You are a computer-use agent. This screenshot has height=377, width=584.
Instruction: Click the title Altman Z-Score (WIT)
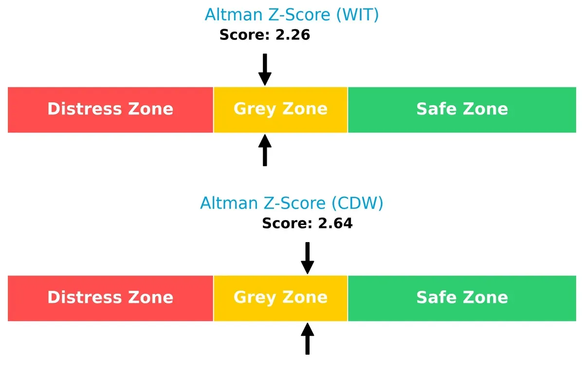tap(292, 15)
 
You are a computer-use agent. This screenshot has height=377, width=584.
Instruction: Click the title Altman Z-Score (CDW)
tap(292, 203)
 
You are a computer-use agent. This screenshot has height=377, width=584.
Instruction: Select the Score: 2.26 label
tap(265, 35)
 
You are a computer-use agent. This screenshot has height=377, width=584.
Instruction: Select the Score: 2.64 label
tap(307, 224)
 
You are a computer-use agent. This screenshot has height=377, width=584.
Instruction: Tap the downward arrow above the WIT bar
tap(265, 69)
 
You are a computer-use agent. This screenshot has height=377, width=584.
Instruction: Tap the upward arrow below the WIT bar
tap(265, 151)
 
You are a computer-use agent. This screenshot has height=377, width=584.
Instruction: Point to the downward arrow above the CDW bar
tap(307, 258)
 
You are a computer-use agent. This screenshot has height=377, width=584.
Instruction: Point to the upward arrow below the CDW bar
tap(307, 339)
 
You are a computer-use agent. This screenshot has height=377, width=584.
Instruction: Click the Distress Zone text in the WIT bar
tap(110, 109)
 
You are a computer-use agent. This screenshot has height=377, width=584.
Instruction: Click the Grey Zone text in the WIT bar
tap(280, 109)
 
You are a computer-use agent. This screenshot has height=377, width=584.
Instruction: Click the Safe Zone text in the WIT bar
tap(462, 109)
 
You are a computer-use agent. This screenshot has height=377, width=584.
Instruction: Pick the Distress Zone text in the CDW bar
tap(110, 298)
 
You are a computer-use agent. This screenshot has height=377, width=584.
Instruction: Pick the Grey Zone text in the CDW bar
tap(280, 298)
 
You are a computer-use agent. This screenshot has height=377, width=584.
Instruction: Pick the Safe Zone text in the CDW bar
tap(462, 298)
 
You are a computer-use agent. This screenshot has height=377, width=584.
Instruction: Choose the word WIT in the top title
tap(357, 15)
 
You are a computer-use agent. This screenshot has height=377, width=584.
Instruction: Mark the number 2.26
tap(292, 35)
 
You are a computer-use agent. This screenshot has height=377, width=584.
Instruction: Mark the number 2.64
tap(334, 224)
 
